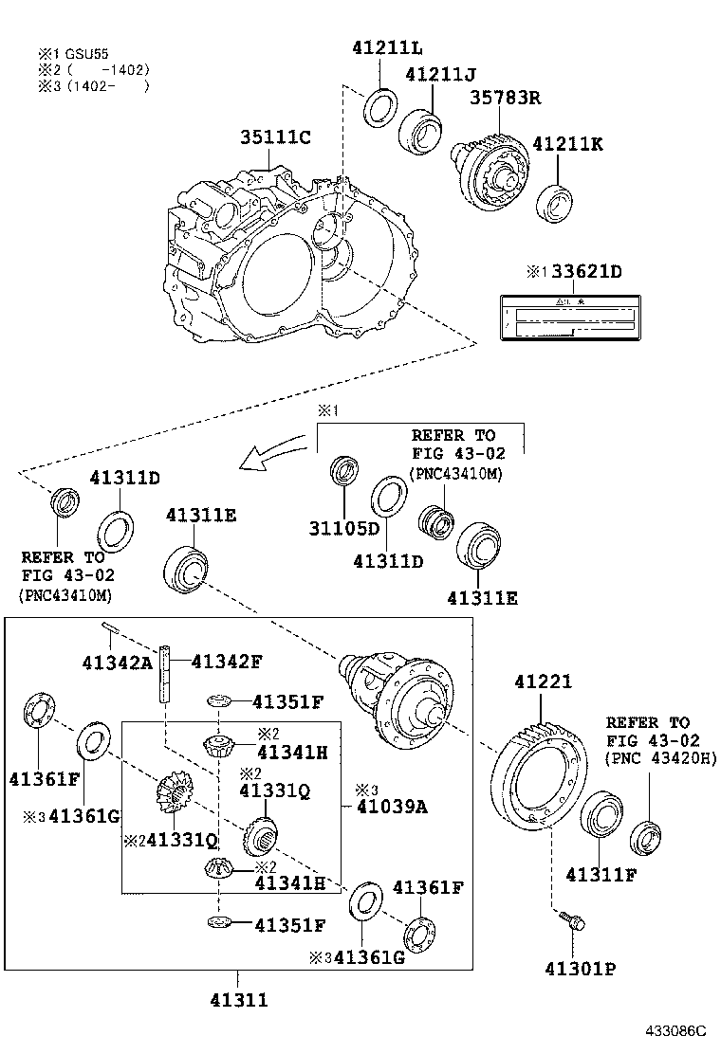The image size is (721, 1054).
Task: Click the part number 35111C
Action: (275, 137)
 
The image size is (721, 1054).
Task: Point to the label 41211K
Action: (567, 144)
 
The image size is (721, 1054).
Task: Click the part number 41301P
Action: (581, 969)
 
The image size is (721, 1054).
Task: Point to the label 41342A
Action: (115, 662)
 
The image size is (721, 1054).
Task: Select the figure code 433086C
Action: (677, 1031)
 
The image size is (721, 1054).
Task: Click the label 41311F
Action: (601, 874)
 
